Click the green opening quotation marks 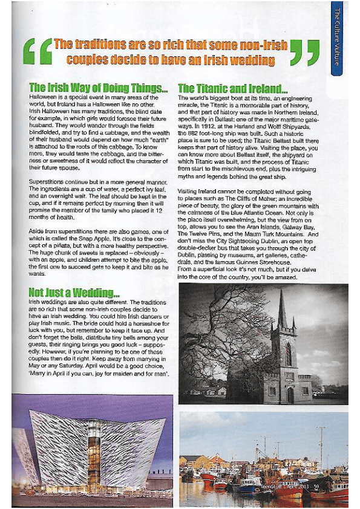coord(37,51)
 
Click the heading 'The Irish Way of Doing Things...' coord(99,88)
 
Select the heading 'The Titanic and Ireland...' coord(233,88)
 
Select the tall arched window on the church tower coord(289,354)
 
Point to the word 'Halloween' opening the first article coord(43,97)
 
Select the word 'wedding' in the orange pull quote coord(253,60)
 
